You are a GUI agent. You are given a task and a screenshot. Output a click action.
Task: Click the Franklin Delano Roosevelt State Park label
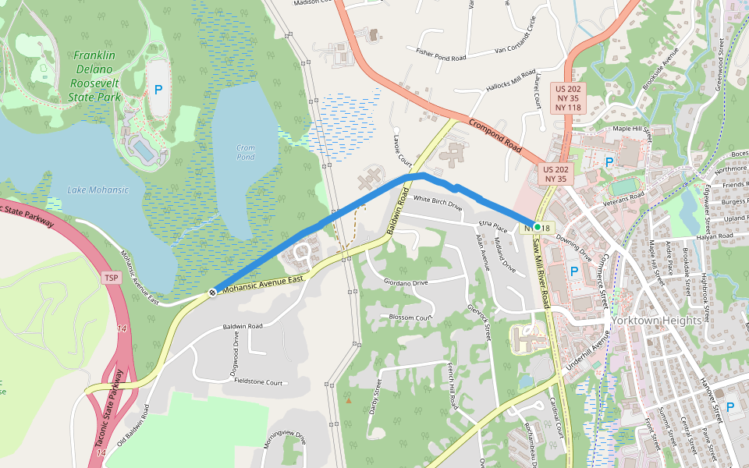(x=94, y=76)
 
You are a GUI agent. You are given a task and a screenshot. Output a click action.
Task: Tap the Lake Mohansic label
(x=97, y=190)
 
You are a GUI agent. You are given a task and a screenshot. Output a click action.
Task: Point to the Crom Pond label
(x=246, y=152)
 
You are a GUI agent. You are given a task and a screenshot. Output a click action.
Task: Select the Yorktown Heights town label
(x=657, y=321)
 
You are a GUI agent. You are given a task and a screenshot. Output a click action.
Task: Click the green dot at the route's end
(x=537, y=227)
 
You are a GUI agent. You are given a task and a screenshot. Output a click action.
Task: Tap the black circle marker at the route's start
(x=212, y=292)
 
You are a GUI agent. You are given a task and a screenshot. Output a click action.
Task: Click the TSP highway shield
(x=113, y=278)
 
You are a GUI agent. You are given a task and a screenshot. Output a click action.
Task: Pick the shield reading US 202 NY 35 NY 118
(x=568, y=97)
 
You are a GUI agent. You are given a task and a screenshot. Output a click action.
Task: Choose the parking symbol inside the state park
(x=158, y=90)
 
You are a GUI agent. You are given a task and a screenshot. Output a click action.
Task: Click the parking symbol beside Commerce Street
(x=574, y=271)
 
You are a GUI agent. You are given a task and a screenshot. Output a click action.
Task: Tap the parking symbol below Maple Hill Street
(x=609, y=161)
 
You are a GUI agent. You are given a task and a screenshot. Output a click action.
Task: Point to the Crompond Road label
(x=495, y=134)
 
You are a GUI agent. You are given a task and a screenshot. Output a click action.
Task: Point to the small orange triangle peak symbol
(x=349, y=401)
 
